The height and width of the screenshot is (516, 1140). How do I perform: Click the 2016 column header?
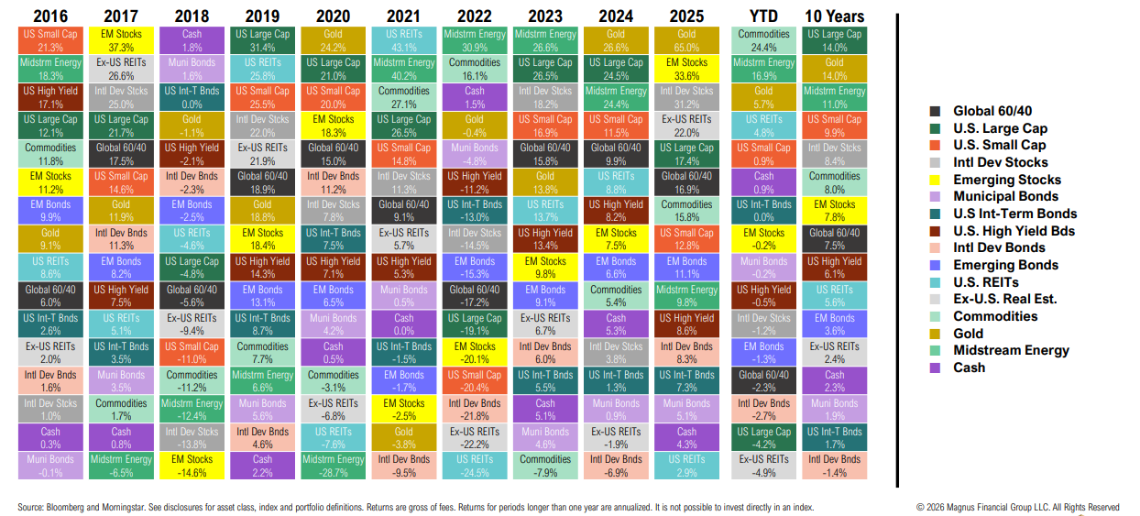tap(49, 16)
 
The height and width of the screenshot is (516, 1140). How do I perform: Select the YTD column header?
tap(763, 16)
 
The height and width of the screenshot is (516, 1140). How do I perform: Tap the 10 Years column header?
tap(834, 16)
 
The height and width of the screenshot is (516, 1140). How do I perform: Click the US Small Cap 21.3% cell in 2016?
tap(49, 40)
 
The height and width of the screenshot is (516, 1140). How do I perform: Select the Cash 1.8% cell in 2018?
tap(192, 40)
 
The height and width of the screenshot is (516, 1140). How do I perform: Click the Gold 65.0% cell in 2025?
tap(686, 40)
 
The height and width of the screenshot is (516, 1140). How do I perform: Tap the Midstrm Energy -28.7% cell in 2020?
tap(334, 466)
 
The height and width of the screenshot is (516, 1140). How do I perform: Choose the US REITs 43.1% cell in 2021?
tap(404, 40)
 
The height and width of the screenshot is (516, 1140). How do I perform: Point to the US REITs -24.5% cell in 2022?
tap(475, 466)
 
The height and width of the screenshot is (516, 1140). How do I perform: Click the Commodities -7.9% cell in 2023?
tap(545, 466)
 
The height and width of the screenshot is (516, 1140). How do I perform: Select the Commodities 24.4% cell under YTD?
tap(763, 40)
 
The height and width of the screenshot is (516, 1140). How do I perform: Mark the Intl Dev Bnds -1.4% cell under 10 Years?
tap(834, 466)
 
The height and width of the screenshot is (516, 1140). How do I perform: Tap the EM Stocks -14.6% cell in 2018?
tap(192, 466)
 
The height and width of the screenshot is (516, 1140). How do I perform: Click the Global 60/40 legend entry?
tap(992, 111)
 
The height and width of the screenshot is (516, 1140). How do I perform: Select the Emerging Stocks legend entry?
tap(1006, 180)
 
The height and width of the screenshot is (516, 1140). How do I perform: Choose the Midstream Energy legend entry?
tap(1011, 350)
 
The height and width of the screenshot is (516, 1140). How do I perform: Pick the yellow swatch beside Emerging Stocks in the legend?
tap(935, 180)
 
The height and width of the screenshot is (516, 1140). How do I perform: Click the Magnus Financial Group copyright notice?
tap(1017, 507)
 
